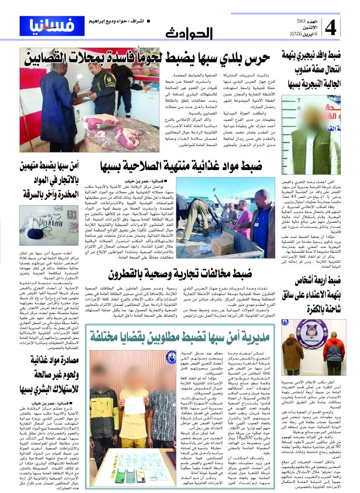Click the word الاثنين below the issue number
(303, 27)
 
